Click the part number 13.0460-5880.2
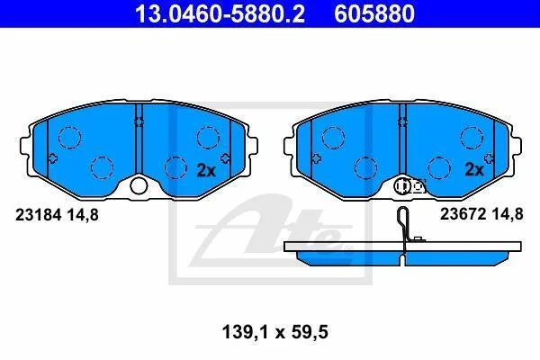tap(220, 13)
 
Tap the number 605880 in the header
tap(374, 13)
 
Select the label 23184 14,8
tap(57, 215)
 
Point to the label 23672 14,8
tap(481, 214)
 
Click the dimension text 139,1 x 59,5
tap(275, 332)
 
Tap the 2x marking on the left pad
tap(206, 170)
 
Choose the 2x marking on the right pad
tap(474, 169)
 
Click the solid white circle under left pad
tap(139, 186)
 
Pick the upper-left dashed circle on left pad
tap(69, 138)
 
